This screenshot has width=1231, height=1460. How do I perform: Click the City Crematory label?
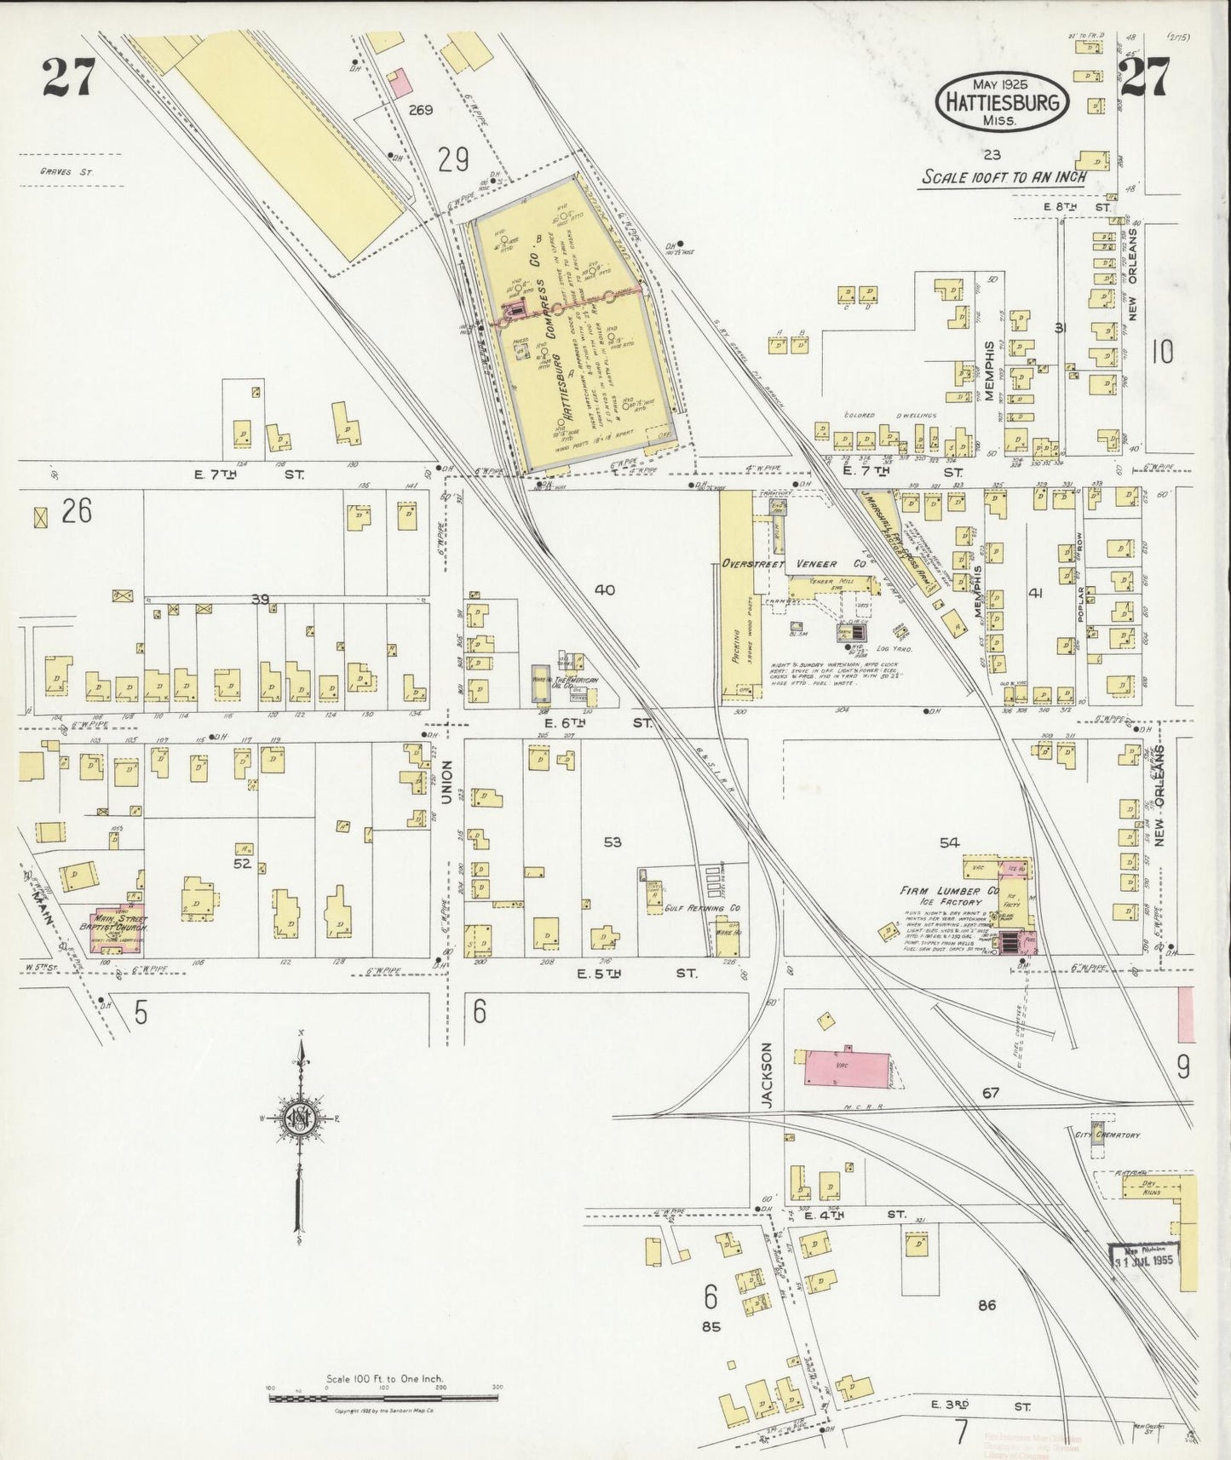click(x=1107, y=1135)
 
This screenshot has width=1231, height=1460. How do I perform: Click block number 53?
click(x=612, y=842)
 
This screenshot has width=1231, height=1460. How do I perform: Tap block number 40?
click(x=604, y=589)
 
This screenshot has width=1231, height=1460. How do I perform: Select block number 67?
click(x=989, y=1093)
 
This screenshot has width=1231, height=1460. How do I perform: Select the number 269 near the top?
click(x=420, y=110)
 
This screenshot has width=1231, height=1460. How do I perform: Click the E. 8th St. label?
click(x=1077, y=207)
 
